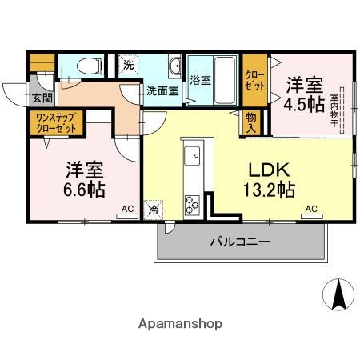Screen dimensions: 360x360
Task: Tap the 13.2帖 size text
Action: pyautogui.click(x=269, y=190)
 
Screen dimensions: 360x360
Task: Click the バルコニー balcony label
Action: pyautogui.click(x=240, y=241)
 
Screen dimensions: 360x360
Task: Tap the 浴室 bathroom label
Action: pyautogui.click(x=200, y=81)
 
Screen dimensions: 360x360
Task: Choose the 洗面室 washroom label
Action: pyautogui.click(x=162, y=90)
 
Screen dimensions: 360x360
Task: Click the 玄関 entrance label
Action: pyautogui.click(x=42, y=98)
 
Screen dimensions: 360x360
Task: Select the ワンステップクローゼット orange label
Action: pyautogui.click(x=55, y=122)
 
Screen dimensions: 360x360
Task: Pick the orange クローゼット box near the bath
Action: pyautogui.click(x=255, y=80)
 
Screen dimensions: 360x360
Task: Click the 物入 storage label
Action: pyautogui.click(x=251, y=122)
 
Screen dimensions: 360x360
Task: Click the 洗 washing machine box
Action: pyautogui.click(x=128, y=64)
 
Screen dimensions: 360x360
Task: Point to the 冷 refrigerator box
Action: pyautogui.click(x=153, y=211)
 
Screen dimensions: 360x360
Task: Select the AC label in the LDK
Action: pyautogui.click(x=311, y=209)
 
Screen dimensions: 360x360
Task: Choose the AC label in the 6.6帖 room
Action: pyautogui.click(x=127, y=209)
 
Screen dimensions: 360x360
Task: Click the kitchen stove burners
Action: pyautogui.click(x=194, y=205)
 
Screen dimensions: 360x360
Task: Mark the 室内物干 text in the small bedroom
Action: pyautogui.click(x=334, y=102)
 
